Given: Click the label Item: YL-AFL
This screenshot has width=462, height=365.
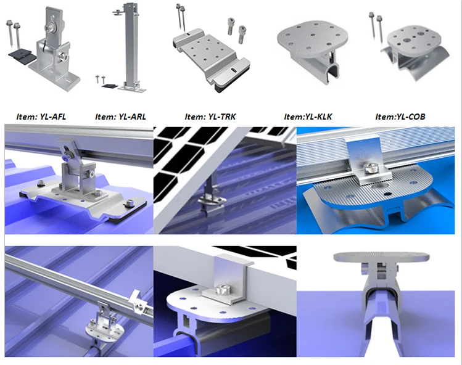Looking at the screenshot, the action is [41, 117].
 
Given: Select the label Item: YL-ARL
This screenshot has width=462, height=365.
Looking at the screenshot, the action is [120, 117].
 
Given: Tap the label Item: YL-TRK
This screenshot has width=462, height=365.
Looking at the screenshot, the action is [210, 117].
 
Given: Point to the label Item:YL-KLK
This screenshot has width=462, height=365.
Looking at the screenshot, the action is [308, 117].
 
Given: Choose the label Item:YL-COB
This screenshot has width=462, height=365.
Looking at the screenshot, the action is [400, 117].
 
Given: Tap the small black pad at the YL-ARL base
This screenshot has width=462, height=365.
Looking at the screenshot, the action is [110, 86].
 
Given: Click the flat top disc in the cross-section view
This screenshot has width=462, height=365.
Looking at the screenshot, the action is [381, 257].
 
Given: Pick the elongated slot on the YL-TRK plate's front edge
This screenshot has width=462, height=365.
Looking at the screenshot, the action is [234, 70].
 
